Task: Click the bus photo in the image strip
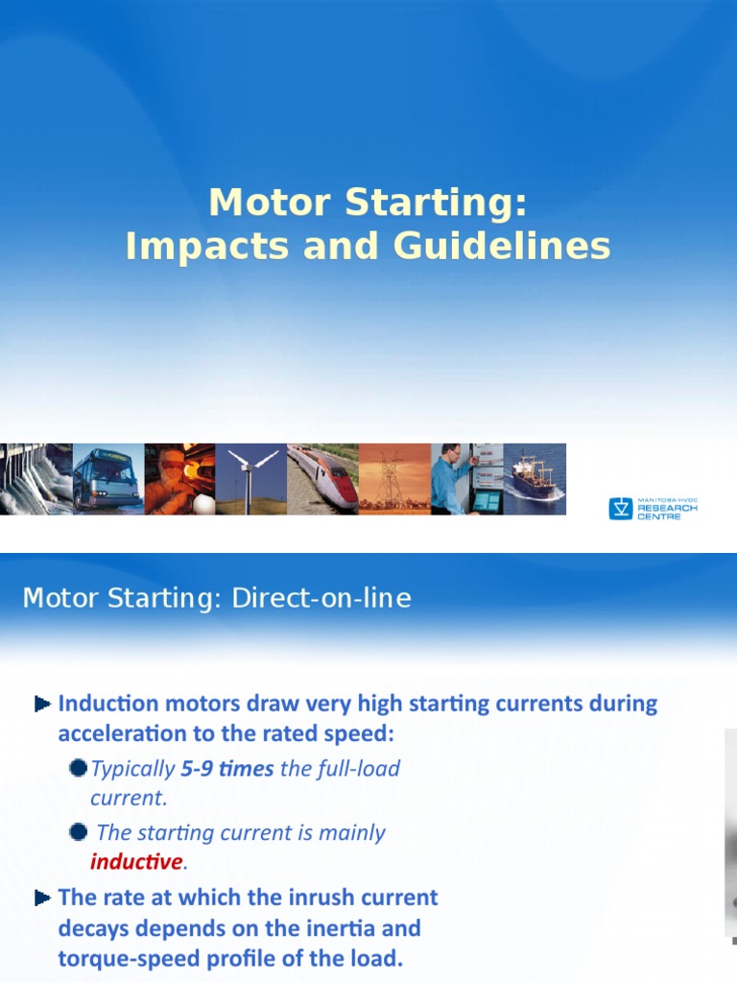tap(107, 479)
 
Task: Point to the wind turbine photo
tap(250, 479)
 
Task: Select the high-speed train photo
tap(322, 479)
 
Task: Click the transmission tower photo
tap(394, 479)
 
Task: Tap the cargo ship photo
tap(535, 479)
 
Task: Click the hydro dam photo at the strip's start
tap(36, 479)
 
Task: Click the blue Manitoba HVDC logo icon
tap(620, 509)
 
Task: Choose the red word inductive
tap(135, 862)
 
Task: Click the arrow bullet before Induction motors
tap(42, 705)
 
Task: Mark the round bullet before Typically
tap(79, 769)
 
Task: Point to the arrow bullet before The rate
tap(42, 899)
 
